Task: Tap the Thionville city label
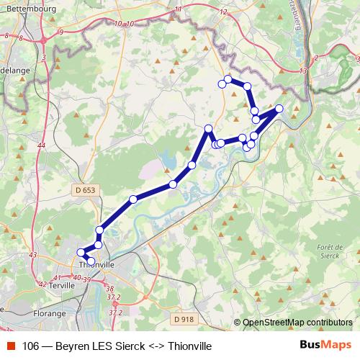[x=95, y=264]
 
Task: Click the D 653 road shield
[x=84, y=190]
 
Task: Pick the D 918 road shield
[x=184, y=318]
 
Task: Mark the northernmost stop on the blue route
[x=228, y=79]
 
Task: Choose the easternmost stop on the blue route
[x=279, y=109]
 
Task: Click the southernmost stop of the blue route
[x=91, y=261]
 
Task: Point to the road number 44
[x=40, y=145]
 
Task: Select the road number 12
[x=223, y=12]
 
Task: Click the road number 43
[x=32, y=255]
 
